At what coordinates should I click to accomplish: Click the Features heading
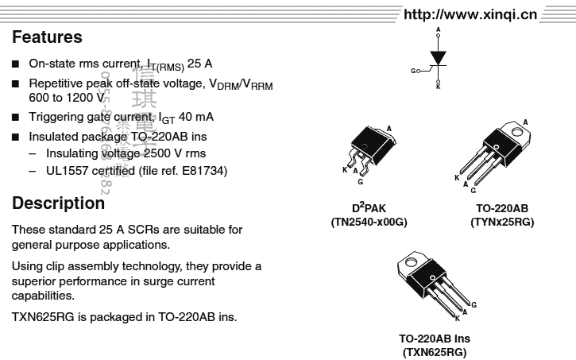click(47, 37)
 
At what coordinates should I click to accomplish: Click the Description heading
click(58, 203)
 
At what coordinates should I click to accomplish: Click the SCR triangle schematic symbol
click(438, 59)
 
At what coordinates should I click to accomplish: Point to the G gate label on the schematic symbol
click(415, 71)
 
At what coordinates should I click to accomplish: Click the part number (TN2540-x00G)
click(369, 223)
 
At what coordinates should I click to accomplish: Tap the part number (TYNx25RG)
click(502, 223)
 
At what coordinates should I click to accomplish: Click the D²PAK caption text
click(369, 209)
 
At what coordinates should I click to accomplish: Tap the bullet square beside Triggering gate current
click(16, 117)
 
